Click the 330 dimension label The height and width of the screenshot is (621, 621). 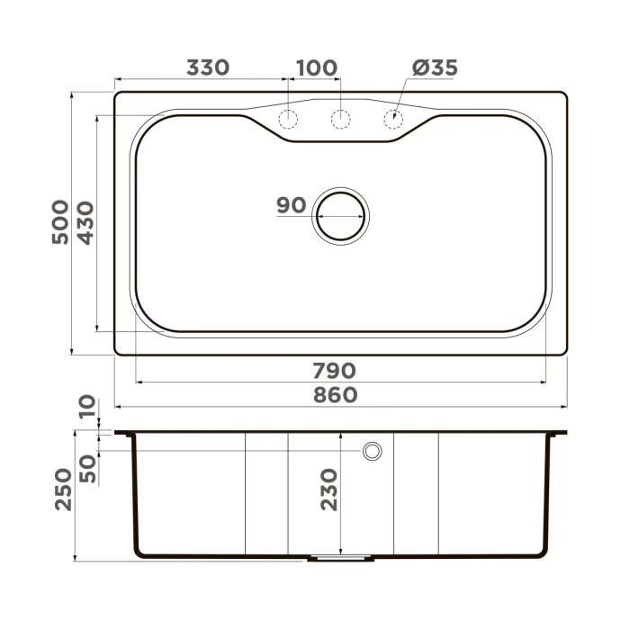point(208,67)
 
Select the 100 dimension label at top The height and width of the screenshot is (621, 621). point(316,67)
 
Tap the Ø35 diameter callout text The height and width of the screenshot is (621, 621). point(435,67)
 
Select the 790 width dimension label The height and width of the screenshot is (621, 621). point(335,370)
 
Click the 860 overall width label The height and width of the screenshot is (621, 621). point(335,395)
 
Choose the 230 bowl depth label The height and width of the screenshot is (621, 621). point(328,490)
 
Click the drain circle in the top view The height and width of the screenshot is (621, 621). point(340,214)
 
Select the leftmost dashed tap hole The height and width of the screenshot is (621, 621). point(288,119)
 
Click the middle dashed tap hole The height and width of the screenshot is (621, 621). point(340,119)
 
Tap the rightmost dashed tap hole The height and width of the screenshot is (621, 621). point(393,119)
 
